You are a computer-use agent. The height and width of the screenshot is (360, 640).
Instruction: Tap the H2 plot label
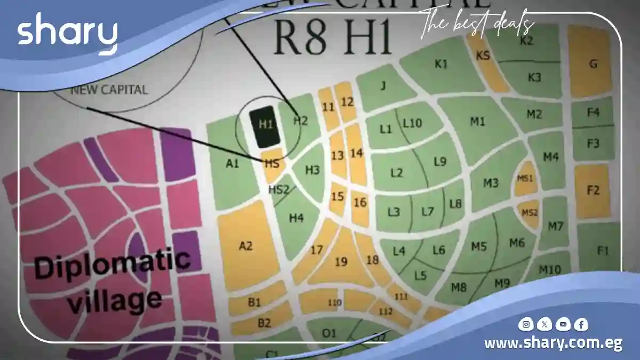(300, 121)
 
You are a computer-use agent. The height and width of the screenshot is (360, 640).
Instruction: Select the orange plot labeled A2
(246, 246)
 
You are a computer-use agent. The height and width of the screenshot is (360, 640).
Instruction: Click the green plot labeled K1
(441, 64)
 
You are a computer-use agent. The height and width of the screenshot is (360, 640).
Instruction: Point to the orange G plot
(592, 63)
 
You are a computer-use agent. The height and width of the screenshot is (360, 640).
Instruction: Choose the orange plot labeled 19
(341, 261)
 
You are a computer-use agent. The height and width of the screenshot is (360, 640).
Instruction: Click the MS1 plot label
(525, 178)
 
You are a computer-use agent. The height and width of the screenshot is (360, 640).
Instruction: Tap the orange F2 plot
(593, 190)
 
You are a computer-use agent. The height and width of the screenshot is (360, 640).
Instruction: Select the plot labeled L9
(439, 162)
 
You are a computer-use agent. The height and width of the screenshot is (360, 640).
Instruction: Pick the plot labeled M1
(477, 122)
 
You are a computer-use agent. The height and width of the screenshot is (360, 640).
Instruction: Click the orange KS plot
(484, 56)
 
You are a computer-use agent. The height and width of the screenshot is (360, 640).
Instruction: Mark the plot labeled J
(383, 86)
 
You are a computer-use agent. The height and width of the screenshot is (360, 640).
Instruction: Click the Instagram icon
(526, 324)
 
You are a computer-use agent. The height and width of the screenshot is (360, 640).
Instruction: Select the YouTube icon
(563, 324)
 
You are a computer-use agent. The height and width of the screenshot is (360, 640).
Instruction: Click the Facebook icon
(581, 324)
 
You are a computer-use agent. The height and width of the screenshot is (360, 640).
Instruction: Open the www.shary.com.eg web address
(553, 343)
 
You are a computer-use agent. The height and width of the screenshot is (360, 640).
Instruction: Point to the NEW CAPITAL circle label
(109, 90)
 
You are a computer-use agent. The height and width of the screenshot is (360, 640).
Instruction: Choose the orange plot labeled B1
(254, 302)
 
